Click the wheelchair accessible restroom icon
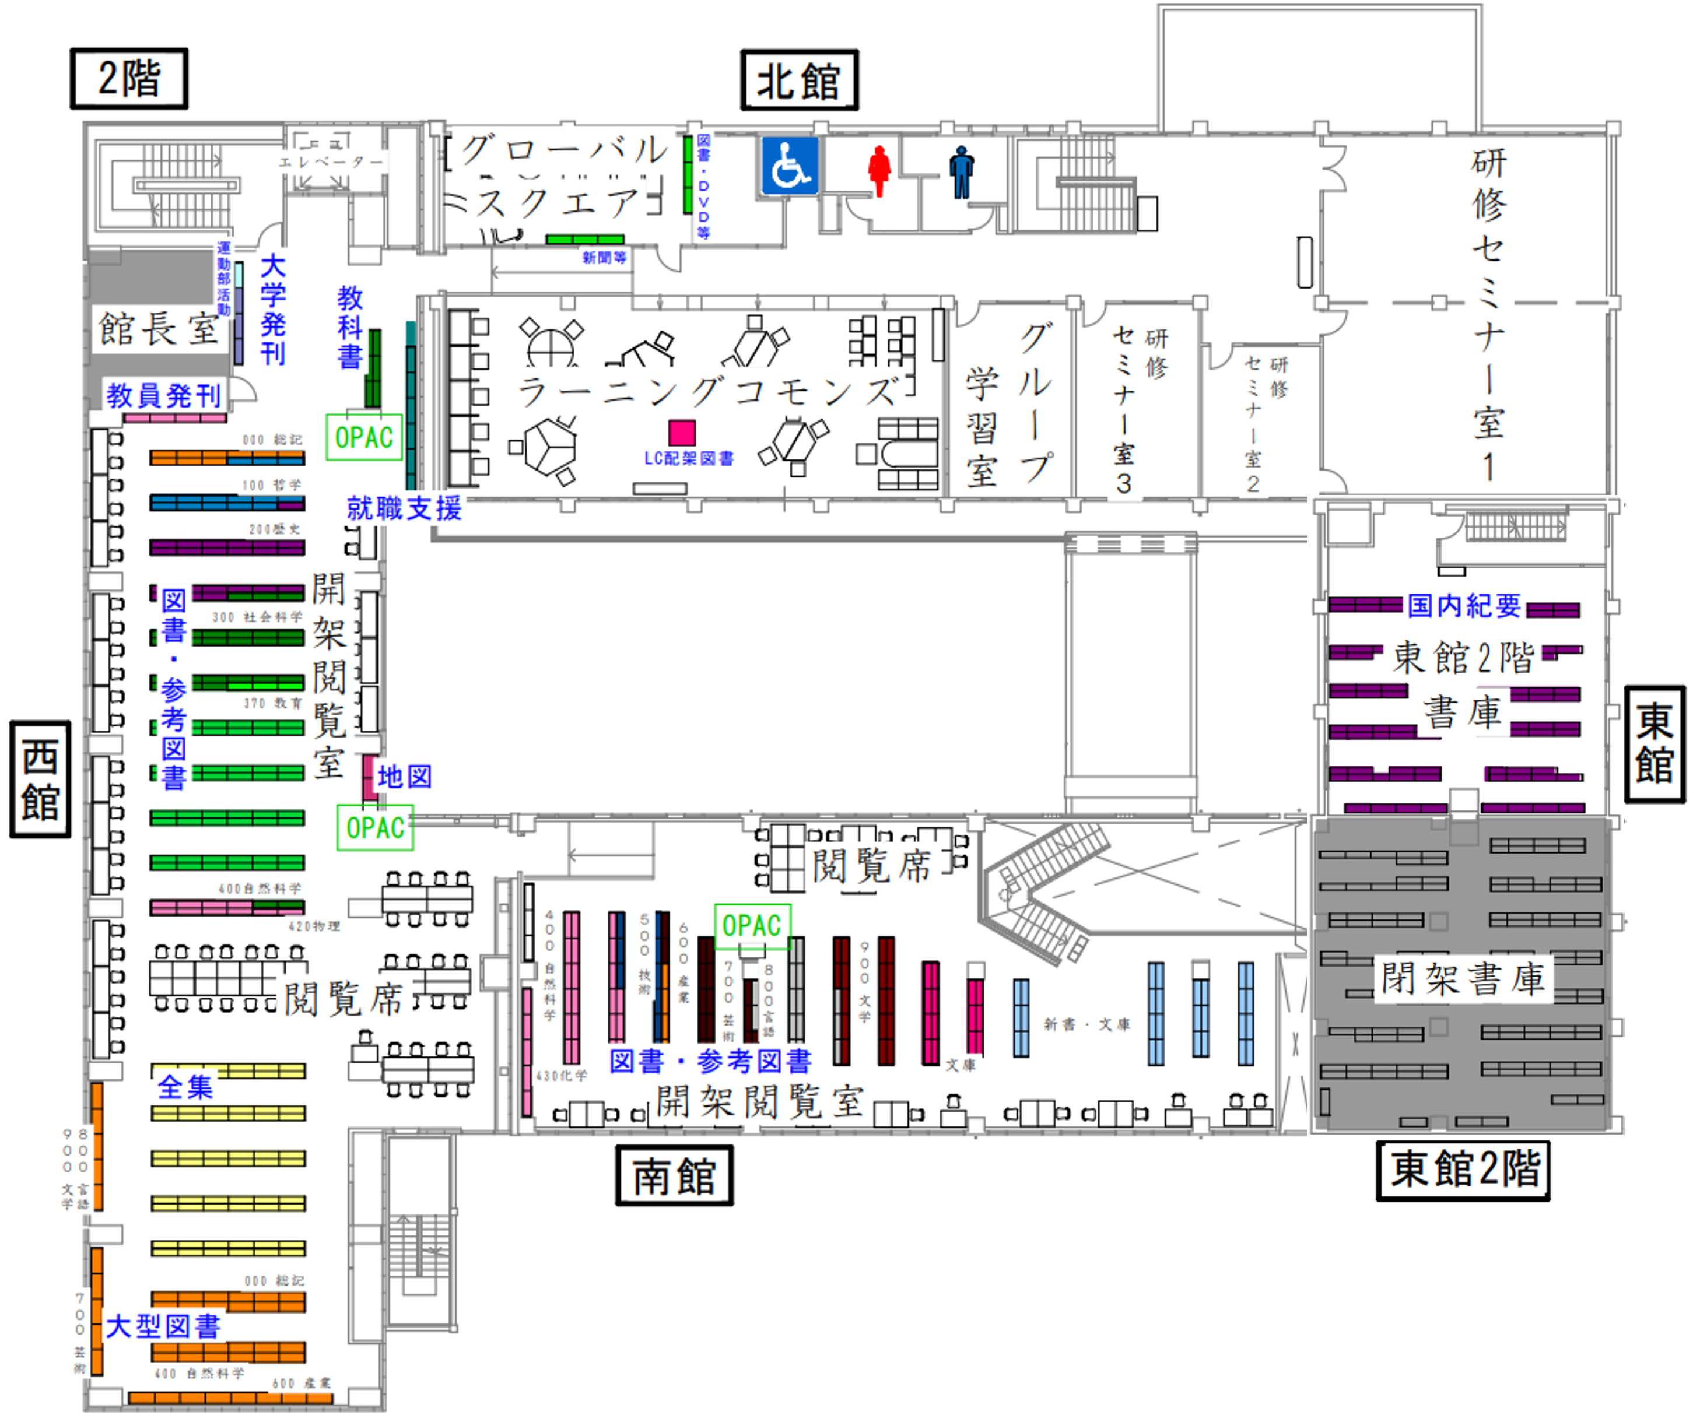(789, 166)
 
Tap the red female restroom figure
(879, 170)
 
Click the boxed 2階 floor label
(129, 79)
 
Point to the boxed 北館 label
(799, 80)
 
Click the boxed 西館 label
(40, 779)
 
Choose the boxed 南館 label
(674, 1175)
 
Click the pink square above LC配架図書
(682, 432)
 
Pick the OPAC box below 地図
(375, 827)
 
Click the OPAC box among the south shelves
(752, 925)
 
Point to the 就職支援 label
(404, 508)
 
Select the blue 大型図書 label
(163, 1327)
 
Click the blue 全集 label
(185, 1086)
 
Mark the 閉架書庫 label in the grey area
(1463, 979)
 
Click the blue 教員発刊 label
(163, 395)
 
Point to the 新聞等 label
(604, 258)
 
